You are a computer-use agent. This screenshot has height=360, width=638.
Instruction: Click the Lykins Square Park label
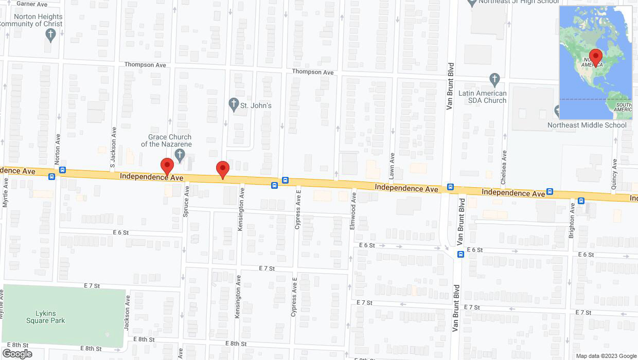click(46, 317)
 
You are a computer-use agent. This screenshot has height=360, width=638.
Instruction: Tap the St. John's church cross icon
click(233, 104)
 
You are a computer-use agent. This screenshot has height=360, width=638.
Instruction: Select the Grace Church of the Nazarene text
click(170, 140)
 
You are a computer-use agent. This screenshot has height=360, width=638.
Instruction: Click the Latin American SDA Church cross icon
click(494, 80)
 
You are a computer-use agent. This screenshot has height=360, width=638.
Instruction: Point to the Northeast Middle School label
click(587, 125)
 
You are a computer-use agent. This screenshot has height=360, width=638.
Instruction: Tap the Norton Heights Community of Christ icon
click(50, 35)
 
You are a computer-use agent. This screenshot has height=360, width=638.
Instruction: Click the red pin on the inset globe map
click(596, 57)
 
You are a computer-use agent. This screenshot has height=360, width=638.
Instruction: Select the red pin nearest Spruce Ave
click(167, 167)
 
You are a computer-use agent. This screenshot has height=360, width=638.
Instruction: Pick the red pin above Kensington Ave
click(222, 169)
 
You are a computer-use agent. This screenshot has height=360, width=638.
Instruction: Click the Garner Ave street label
click(32, 4)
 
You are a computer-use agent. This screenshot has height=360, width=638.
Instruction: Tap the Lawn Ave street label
click(392, 166)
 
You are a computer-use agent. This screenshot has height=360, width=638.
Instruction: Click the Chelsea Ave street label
click(504, 168)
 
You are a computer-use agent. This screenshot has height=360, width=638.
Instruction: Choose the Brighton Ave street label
click(572, 221)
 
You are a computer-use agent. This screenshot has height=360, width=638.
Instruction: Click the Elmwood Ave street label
click(353, 211)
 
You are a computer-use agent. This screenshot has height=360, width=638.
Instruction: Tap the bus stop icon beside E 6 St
click(460, 255)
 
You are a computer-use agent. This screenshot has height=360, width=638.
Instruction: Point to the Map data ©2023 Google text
click(606, 356)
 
